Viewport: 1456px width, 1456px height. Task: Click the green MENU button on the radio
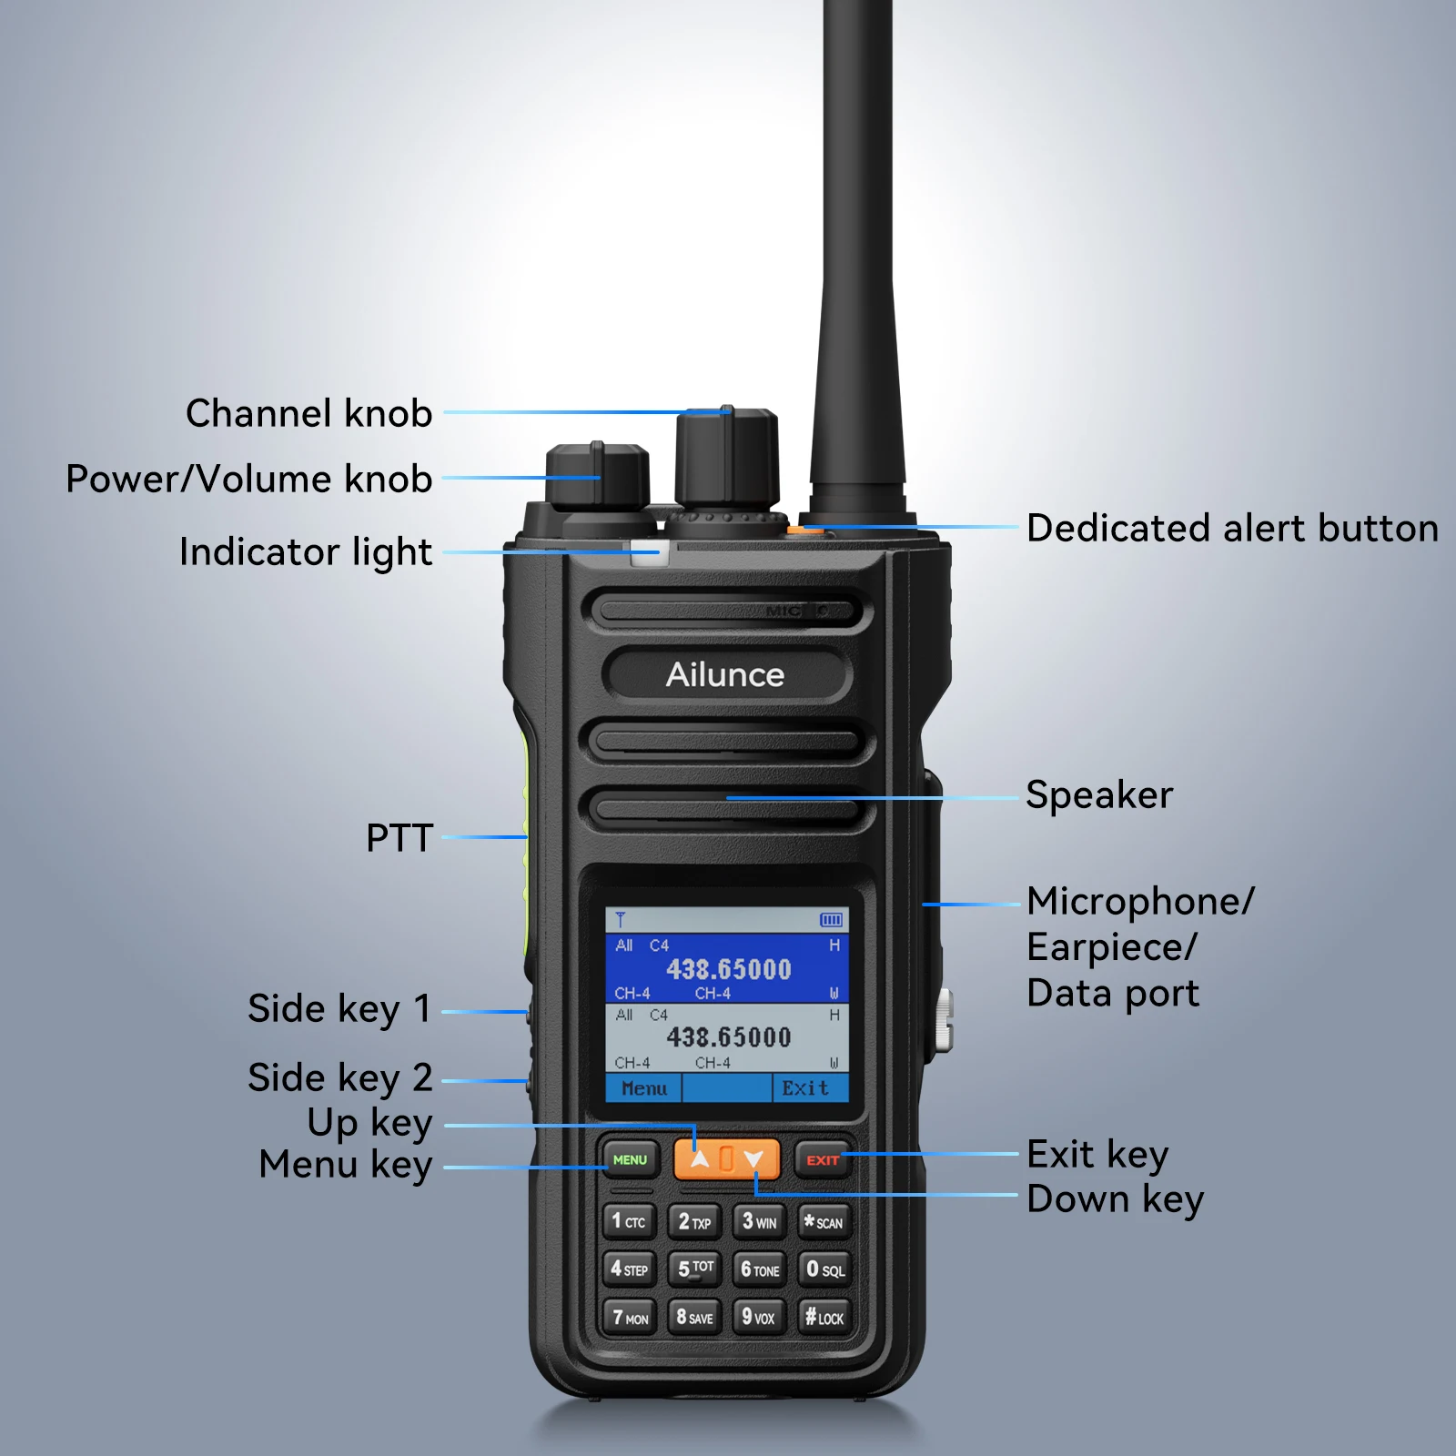coord(630,1159)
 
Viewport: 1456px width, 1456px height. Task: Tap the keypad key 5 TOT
coord(695,1269)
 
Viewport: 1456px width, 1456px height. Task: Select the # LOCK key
coord(824,1317)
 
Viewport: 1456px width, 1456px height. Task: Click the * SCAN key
coord(824,1222)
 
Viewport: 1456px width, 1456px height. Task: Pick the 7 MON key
coord(630,1317)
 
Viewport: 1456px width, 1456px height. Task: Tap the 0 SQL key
coord(824,1269)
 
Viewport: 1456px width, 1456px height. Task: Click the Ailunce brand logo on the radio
coord(725,674)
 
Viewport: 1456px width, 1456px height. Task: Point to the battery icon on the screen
coord(831,920)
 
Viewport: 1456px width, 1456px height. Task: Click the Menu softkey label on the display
coord(644,1088)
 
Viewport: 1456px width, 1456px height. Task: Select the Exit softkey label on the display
coord(805,1088)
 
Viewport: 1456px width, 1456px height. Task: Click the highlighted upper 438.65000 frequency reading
coord(729,969)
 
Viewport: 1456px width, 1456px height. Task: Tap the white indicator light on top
coord(647,552)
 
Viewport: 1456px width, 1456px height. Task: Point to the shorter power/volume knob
coord(597,477)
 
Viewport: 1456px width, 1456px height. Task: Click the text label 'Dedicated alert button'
coord(1232,529)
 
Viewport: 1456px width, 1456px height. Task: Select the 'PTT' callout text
coord(399,838)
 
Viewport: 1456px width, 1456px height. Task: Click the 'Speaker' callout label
coord(1099,795)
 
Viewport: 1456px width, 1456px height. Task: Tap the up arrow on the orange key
coord(699,1159)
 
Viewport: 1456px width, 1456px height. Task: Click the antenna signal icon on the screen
coord(621,920)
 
